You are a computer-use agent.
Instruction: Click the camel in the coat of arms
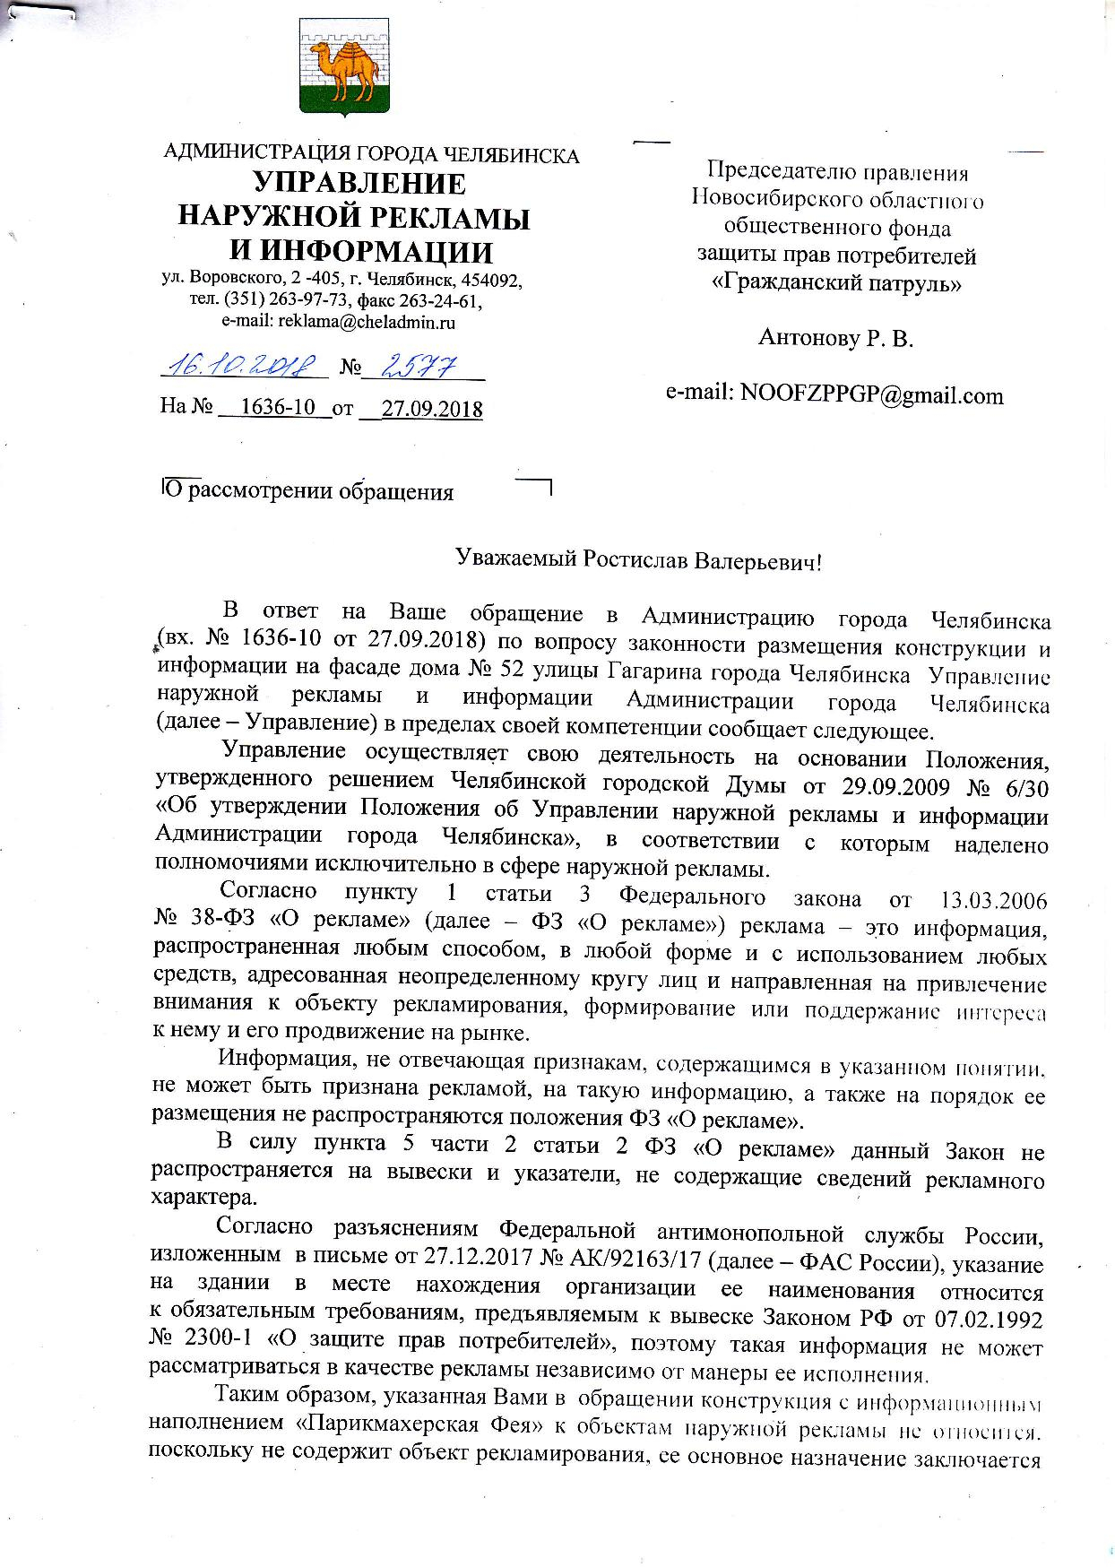[x=343, y=69]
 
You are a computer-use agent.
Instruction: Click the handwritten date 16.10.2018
[x=240, y=365]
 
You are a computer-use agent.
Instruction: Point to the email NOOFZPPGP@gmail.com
[x=834, y=395]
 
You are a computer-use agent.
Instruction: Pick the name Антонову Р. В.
[x=835, y=338]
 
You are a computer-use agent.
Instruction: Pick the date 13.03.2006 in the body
[x=992, y=899]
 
